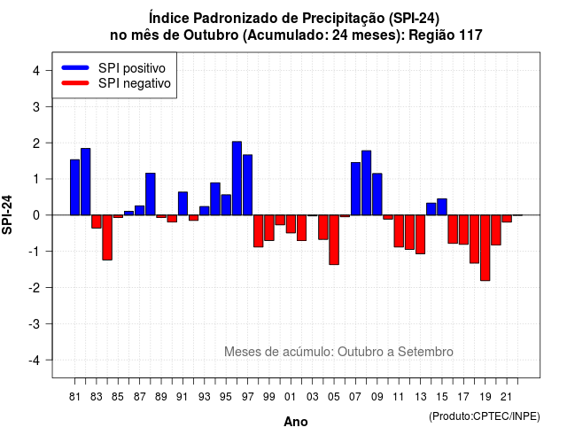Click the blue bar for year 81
point(74,187)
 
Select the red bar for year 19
point(485,248)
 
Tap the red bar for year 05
point(334,240)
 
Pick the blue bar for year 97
point(248,185)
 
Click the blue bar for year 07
point(356,189)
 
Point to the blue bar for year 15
point(442,206)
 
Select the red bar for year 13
point(421,234)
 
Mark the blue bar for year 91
point(183,204)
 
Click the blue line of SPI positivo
point(75,67)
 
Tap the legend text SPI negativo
point(135,83)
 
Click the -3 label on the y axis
point(35,324)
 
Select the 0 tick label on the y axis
point(36,215)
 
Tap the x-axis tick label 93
point(205,397)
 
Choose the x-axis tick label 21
point(506,397)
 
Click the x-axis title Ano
point(296,422)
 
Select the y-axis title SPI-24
point(7,214)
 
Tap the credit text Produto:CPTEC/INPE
point(485,416)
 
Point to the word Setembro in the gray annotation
point(425,352)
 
